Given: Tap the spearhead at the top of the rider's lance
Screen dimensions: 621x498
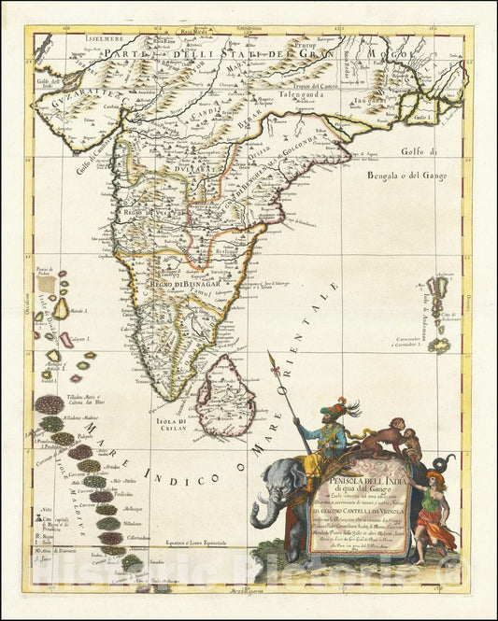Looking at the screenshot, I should pyautogui.click(x=270, y=358).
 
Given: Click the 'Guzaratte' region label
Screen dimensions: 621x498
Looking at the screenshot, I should pyautogui.click(x=75, y=95).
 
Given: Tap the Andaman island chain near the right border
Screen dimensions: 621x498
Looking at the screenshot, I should pyautogui.click(x=434, y=299).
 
